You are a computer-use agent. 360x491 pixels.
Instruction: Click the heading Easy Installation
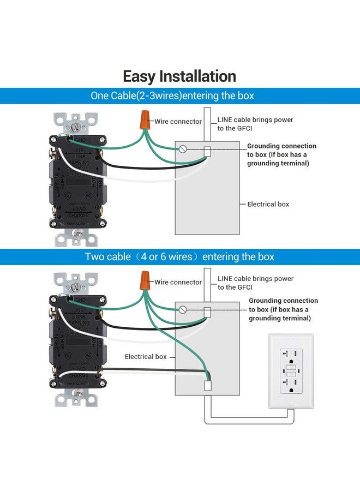click(x=179, y=76)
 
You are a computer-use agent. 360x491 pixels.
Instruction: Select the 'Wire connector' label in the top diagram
click(x=178, y=122)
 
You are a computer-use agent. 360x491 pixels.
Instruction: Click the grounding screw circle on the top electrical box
click(x=183, y=148)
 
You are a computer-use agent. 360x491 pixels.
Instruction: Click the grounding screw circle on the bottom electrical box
click(x=183, y=309)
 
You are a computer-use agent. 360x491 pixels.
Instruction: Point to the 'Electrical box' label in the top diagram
click(x=268, y=204)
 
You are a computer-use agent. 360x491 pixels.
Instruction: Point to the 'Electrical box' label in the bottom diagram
click(x=146, y=356)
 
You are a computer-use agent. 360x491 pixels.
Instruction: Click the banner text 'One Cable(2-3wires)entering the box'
click(x=172, y=96)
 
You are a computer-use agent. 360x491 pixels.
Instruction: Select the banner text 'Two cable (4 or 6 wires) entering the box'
click(x=179, y=256)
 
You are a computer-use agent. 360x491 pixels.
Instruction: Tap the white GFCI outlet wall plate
click(x=291, y=370)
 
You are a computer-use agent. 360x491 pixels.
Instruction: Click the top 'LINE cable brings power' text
click(x=255, y=119)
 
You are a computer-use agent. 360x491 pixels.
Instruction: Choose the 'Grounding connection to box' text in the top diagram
click(x=281, y=154)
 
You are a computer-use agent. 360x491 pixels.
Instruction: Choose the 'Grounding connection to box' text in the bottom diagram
click(x=283, y=309)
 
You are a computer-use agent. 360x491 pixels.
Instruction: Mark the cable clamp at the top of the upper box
click(x=207, y=152)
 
